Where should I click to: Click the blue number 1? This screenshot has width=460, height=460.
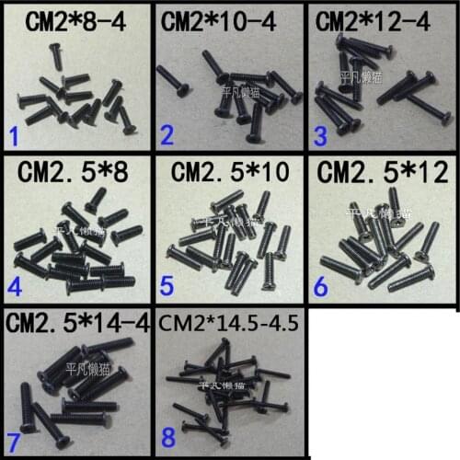click(14, 138)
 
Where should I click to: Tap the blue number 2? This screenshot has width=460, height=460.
click(167, 138)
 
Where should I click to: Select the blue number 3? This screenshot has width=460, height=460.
click(320, 138)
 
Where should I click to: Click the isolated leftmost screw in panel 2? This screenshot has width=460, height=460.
click(174, 80)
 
